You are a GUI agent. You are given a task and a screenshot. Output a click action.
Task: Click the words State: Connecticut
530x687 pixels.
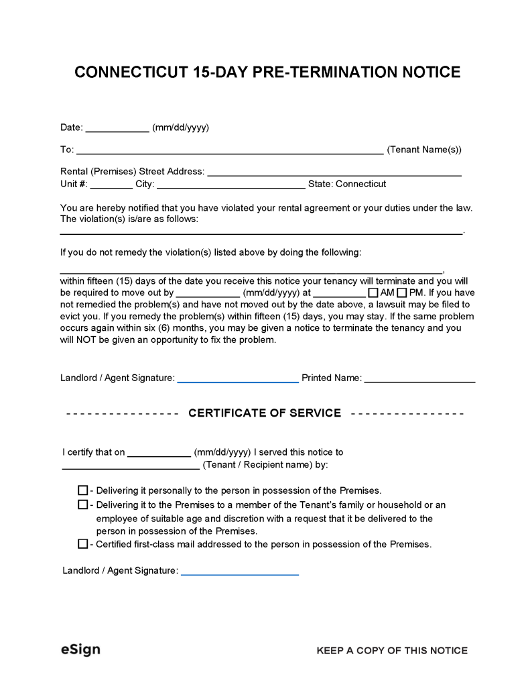point(347,184)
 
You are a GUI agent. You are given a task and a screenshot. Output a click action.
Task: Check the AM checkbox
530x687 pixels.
point(373,293)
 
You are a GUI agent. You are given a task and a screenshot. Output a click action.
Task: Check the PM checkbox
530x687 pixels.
point(402,293)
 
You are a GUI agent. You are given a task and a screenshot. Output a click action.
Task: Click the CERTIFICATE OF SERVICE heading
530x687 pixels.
point(265,413)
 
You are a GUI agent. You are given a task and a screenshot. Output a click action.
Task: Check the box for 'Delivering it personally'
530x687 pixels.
point(82,490)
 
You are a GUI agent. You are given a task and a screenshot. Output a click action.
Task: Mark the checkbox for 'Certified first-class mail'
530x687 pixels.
point(82,544)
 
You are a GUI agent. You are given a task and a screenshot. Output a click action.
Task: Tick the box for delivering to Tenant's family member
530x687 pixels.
point(82,505)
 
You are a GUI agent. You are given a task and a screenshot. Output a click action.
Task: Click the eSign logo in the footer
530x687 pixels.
point(80,649)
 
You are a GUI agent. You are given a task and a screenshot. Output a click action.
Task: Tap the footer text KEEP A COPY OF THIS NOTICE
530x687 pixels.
point(392,650)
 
